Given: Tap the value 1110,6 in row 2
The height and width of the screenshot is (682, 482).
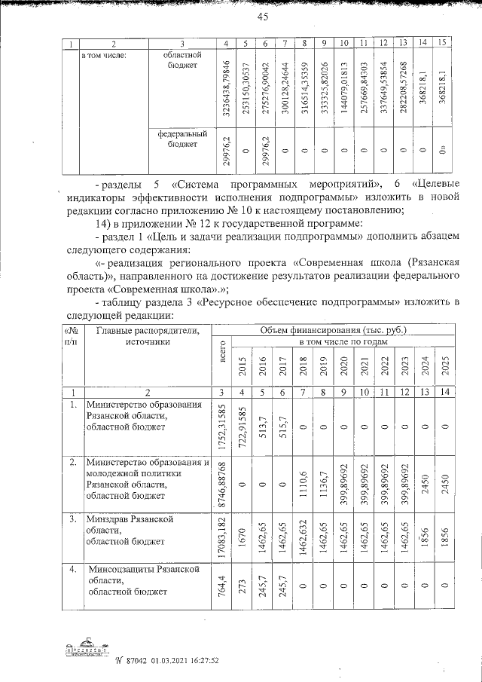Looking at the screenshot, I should [302, 482].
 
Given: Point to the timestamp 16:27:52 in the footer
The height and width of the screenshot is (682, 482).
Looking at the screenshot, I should [201, 661].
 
